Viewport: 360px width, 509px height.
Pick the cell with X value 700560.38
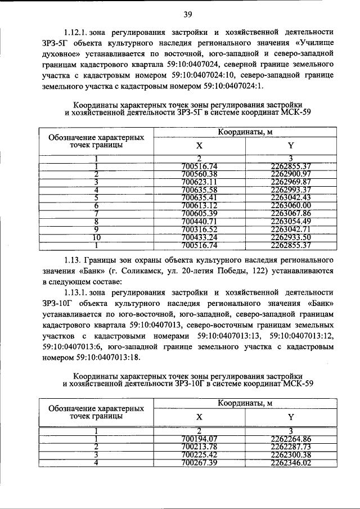click(x=200, y=174)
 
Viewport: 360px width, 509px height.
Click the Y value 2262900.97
click(x=290, y=174)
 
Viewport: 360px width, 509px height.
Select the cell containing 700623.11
click(x=200, y=182)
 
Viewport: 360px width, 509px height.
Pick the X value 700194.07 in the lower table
click(x=200, y=439)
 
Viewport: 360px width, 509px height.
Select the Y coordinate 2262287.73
click(x=290, y=447)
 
